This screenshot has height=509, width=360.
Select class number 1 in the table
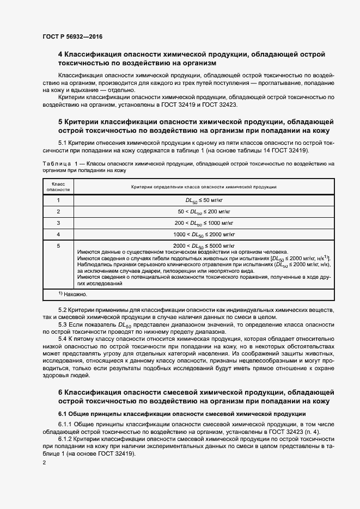click(58, 200)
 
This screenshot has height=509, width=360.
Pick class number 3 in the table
click(58, 223)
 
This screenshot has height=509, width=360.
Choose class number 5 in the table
click(58, 246)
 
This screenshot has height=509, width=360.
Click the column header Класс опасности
click(58, 187)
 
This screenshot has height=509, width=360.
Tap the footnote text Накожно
click(75, 294)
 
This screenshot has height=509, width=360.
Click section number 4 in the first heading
click(60, 54)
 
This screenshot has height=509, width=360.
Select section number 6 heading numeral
click(60, 393)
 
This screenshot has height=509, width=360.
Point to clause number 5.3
click(63, 325)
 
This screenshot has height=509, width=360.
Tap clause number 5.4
click(63, 339)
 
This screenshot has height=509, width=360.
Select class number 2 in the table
click(58, 212)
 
